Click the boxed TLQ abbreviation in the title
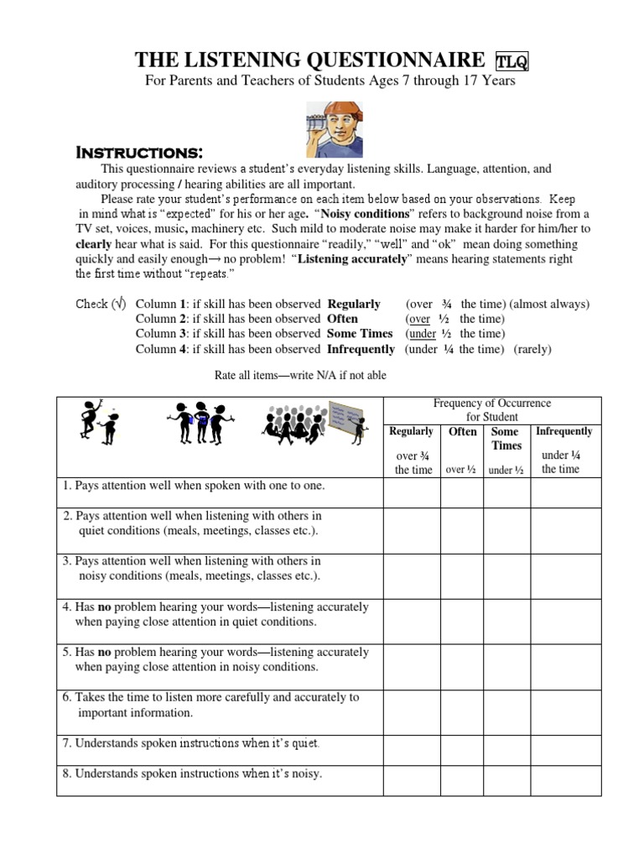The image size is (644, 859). pyautogui.click(x=512, y=61)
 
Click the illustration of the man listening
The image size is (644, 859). pyautogui.click(x=334, y=125)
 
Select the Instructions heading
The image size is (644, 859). pyautogui.click(x=139, y=153)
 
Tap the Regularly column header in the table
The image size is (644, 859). pyautogui.click(x=412, y=431)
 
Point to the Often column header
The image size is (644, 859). pyautogui.click(x=462, y=431)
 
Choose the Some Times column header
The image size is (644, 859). pyautogui.click(x=506, y=439)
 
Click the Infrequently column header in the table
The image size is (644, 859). pyautogui.click(x=564, y=431)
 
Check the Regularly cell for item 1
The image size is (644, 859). pyautogui.click(x=412, y=493)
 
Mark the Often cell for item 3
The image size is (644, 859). pyautogui.click(x=462, y=575)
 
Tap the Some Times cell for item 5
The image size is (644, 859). pyautogui.click(x=506, y=667)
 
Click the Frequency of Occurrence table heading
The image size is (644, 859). pyautogui.click(x=492, y=410)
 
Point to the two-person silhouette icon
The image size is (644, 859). pyautogui.click(x=99, y=422)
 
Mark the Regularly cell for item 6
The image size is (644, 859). pyautogui.click(x=412, y=712)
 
